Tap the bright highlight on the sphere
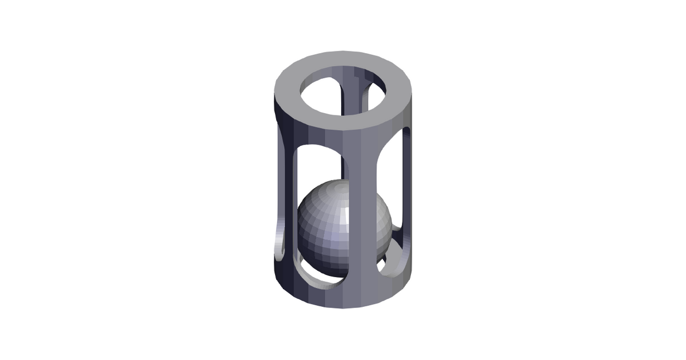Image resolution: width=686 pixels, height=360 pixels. pyautogui.click(x=345, y=216)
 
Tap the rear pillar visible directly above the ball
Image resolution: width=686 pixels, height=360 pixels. pyautogui.click(x=345, y=166)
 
